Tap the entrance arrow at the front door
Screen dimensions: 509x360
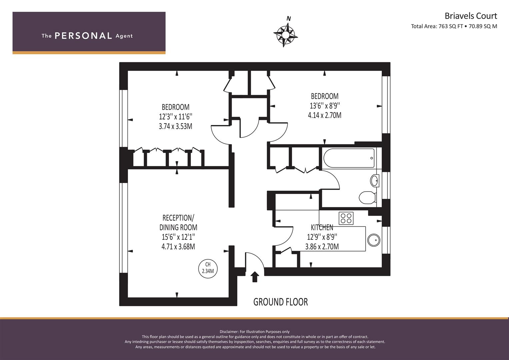tap(255, 277)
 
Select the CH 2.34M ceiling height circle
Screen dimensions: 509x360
tap(208, 269)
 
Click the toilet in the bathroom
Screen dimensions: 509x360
tap(367, 197)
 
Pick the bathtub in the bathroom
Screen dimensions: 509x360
tap(349, 158)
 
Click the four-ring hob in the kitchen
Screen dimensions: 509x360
tap(346, 218)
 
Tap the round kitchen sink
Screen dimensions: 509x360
tap(374, 240)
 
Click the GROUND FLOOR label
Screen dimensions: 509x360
tap(280, 302)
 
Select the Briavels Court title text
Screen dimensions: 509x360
tap(471, 16)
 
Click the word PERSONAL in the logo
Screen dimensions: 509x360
tap(83, 36)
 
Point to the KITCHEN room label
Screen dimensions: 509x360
tap(322, 227)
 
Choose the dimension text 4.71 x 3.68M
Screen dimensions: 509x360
tap(178, 247)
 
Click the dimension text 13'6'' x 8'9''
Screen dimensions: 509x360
tap(325, 106)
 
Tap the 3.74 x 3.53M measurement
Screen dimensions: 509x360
tap(175, 126)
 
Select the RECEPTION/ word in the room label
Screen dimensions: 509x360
tap(178, 218)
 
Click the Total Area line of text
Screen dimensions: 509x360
tap(454, 26)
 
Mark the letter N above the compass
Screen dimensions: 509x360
tap(289, 18)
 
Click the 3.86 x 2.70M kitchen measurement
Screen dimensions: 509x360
tap(322, 247)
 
